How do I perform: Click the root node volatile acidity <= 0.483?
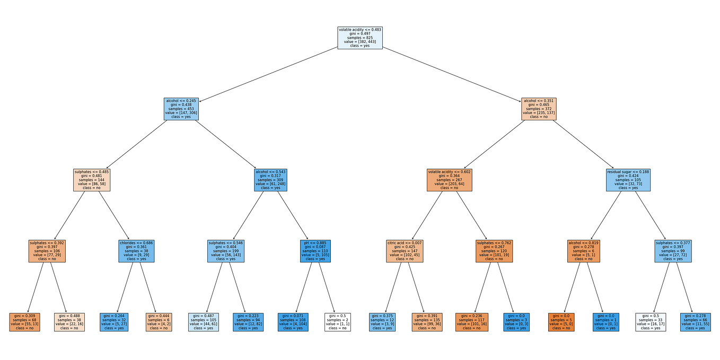tap(360, 38)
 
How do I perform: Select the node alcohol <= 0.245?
tap(181, 109)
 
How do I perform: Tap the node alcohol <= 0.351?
tap(539, 109)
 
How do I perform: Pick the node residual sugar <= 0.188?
tap(628, 180)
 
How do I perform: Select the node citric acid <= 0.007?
tap(405, 251)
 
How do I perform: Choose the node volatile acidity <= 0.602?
tap(450, 180)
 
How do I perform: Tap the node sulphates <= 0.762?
tap(494, 251)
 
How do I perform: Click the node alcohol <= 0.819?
tap(583, 251)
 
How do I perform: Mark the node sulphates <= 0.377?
tap(673, 251)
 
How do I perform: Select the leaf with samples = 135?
tap(427, 322)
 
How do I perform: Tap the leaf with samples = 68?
tap(24, 322)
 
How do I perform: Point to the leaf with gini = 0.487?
tap(203, 322)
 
